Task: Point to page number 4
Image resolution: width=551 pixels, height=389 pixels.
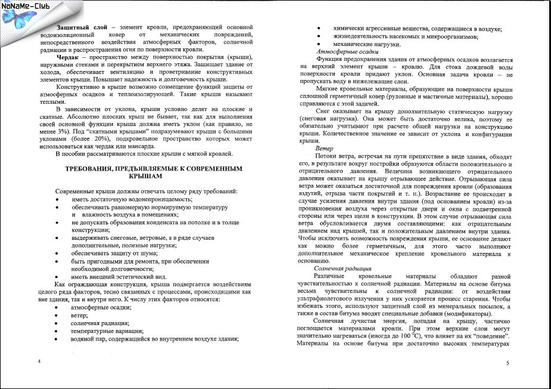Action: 39,362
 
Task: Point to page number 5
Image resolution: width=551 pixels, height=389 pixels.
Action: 507,363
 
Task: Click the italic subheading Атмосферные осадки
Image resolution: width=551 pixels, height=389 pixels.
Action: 342,53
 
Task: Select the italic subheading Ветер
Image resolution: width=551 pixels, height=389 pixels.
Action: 324,148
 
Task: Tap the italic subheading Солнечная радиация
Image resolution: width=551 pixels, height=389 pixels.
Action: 339,269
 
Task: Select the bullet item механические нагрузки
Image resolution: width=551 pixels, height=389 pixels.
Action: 362,44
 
